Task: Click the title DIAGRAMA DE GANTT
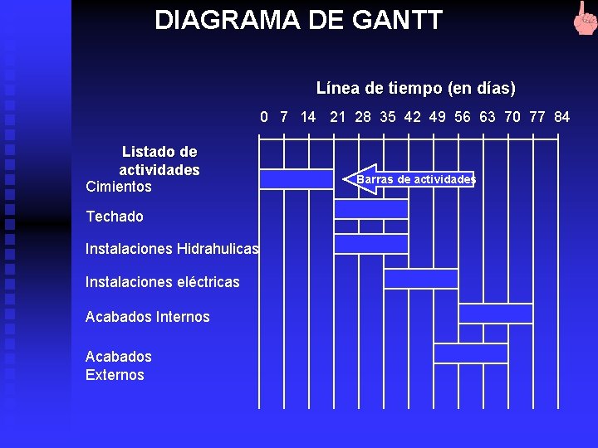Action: click(x=298, y=20)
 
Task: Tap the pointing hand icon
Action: click(x=584, y=18)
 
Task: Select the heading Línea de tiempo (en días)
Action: click(x=415, y=88)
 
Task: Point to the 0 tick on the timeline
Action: click(x=264, y=117)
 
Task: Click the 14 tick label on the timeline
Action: click(x=308, y=117)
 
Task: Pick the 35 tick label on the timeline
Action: click(x=388, y=117)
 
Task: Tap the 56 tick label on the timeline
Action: click(x=463, y=117)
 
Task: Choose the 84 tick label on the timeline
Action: click(x=561, y=117)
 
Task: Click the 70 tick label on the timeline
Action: click(x=512, y=117)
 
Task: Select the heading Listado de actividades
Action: click(x=159, y=161)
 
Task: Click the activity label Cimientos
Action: click(x=119, y=187)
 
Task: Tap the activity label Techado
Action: click(x=115, y=217)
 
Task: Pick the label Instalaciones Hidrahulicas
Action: click(x=172, y=249)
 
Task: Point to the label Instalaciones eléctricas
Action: click(x=162, y=282)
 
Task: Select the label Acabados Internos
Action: click(x=147, y=317)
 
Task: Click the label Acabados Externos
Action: click(x=118, y=366)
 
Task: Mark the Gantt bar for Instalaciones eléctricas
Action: click(x=421, y=279)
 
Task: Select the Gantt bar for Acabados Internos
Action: click(x=496, y=314)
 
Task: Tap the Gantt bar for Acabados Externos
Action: click(x=471, y=353)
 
